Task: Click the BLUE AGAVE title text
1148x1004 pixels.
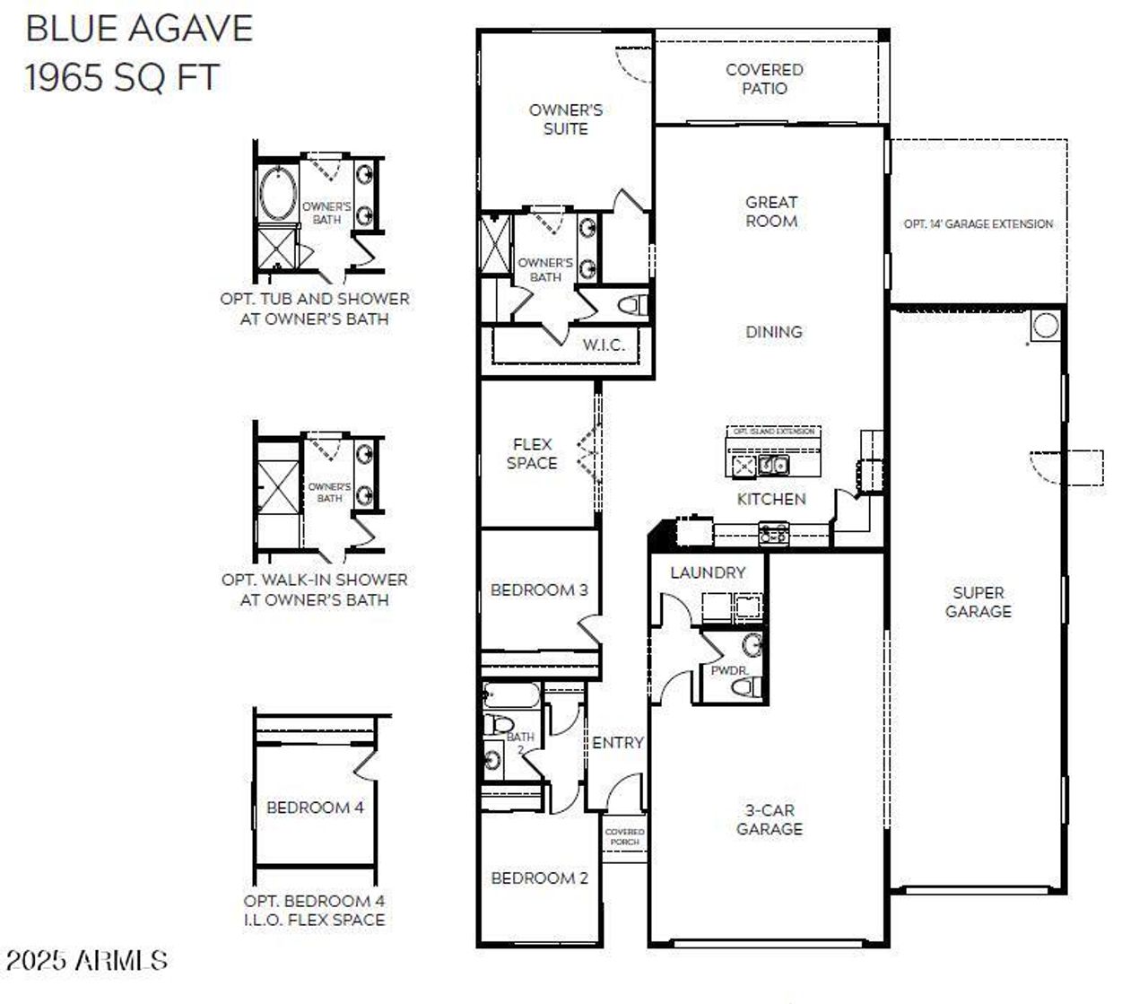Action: pos(139,29)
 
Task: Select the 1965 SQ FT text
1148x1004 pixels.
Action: pos(121,77)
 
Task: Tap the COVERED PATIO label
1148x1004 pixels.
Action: pos(764,79)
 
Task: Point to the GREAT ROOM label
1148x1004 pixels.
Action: pos(771,212)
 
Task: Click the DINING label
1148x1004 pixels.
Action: pos(774,332)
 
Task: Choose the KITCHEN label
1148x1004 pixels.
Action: pos(771,499)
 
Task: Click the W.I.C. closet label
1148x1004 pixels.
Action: pos(604,345)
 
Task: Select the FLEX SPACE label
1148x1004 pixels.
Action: pos(532,454)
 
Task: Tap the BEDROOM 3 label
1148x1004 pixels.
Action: pos(539,590)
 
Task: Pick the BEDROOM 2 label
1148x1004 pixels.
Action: pos(539,878)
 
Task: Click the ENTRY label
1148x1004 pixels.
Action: pos(618,743)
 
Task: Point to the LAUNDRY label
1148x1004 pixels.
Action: pos(708,572)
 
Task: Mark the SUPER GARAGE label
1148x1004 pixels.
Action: pos(978,602)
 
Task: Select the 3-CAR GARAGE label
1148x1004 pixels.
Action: pos(770,820)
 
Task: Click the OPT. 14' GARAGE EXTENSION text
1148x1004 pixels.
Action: pos(978,224)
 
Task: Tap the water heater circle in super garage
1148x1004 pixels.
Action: pos(1045,325)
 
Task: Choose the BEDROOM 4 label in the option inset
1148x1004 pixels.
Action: pos(315,808)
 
